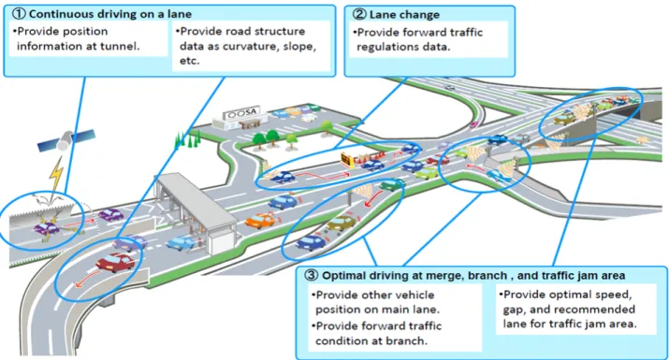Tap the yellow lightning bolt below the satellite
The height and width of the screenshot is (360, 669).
click(x=56, y=174)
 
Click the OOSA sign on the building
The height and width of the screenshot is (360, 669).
click(x=241, y=113)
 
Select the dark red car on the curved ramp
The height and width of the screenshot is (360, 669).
click(x=115, y=262)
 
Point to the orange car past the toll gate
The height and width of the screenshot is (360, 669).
click(x=261, y=221)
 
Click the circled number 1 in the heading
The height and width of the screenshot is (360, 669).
click(x=19, y=14)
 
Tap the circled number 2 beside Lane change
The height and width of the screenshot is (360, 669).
click(x=358, y=14)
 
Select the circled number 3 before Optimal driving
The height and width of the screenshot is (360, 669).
click(x=311, y=275)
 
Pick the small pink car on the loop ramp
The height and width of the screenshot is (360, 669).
click(x=473, y=124)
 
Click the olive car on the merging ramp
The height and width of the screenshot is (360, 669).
click(x=342, y=223)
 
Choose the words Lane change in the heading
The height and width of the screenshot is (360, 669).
click(x=404, y=15)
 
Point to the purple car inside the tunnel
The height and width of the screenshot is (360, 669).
click(x=46, y=228)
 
